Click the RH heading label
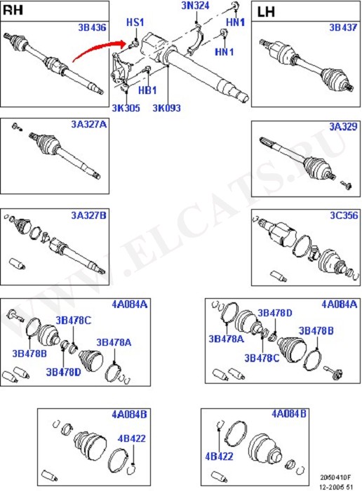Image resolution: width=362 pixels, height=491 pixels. (13, 10)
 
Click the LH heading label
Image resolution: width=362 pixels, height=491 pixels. (266, 12)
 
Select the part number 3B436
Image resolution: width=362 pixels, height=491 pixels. (92, 27)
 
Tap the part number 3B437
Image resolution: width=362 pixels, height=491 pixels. (343, 27)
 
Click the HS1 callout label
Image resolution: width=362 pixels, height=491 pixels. (135, 22)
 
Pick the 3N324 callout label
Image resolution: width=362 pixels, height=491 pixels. (195, 6)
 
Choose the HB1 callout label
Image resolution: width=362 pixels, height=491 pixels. (147, 90)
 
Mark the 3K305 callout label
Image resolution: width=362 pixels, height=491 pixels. (126, 108)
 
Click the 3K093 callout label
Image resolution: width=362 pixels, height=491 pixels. (166, 108)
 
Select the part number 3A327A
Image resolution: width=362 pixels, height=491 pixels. (89, 124)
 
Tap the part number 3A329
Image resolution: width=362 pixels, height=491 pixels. (343, 126)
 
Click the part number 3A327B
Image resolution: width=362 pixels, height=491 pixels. (88, 215)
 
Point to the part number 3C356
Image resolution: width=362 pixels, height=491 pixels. (344, 215)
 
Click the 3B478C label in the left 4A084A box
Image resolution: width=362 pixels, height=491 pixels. (73, 321)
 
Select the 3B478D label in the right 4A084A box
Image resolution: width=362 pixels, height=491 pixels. (274, 313)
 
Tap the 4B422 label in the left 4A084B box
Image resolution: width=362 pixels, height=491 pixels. (131, 438)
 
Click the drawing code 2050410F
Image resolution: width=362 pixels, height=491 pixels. (335, 478)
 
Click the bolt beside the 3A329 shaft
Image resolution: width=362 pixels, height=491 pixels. (346, 185)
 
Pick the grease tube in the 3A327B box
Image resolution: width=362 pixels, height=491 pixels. (17, 264)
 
